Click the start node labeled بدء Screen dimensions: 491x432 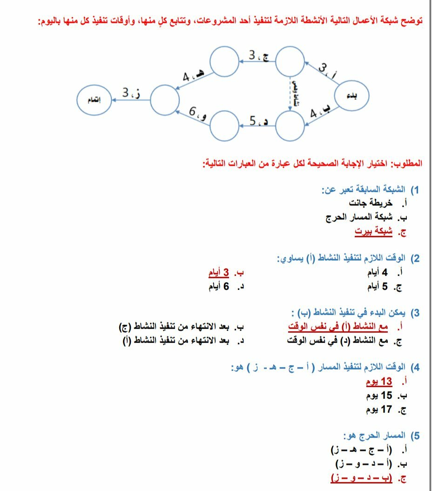click(352, 96)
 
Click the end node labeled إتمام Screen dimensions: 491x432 click(94, 100)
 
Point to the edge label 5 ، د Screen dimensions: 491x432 click(259, 121)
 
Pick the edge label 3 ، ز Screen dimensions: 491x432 click(132, 93)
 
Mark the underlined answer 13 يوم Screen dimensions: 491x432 click(379, 382)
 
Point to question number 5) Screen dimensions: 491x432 click(414, 436)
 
